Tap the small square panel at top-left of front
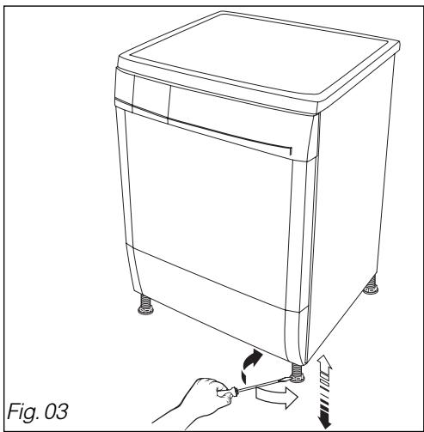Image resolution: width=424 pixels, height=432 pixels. [143, 91]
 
